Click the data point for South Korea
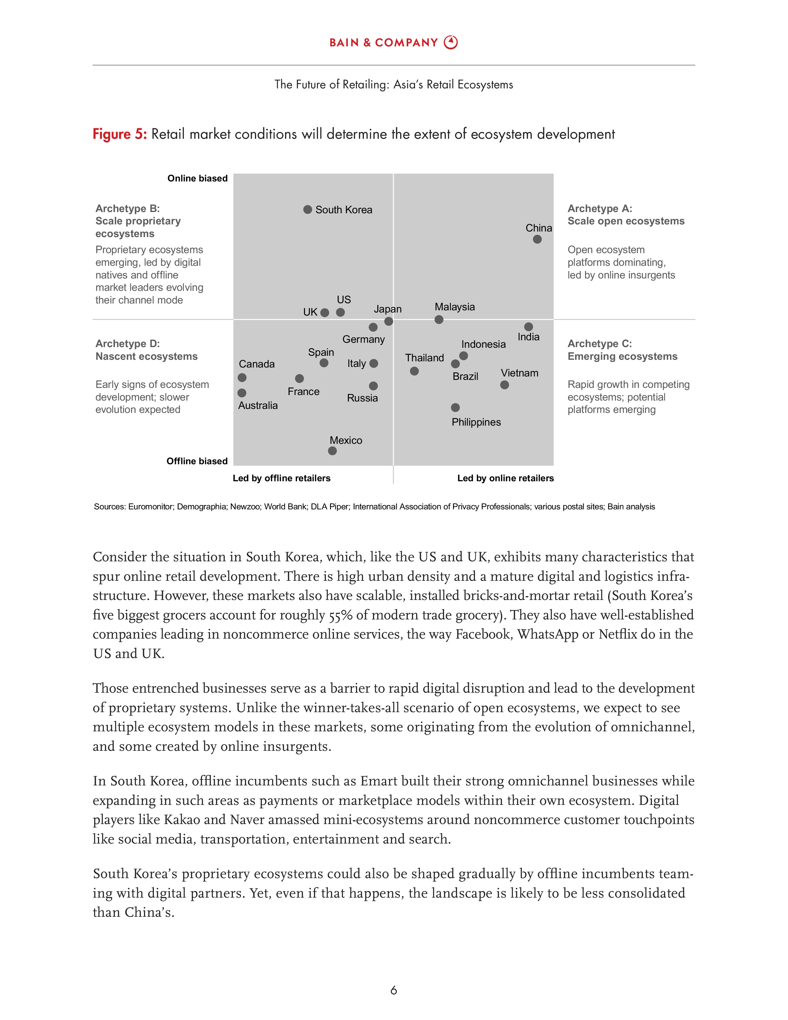[x=308, y=209]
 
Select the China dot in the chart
[x=537, y=239]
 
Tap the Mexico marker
[x=333, y=451]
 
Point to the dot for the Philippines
[x=455, y=408]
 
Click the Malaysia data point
[x=439, y=320]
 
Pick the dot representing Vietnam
[x=505, y=385]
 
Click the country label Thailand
[x=424, y=358]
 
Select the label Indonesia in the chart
[x=483, y=344]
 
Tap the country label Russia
[x=362, y=398]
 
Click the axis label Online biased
[x=197, y=178]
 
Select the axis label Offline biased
[x=197, y=461]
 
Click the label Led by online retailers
[x=505, y=478]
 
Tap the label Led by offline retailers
[x=282, y=478]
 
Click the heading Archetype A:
[x=600, y=208]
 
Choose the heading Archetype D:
[x=127, y=344]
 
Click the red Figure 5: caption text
[x=120, y=134]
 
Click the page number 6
[x=393, y=990]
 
